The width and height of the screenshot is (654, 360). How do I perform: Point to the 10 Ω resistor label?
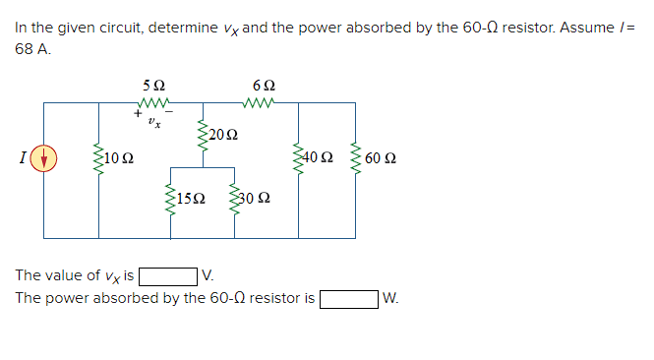coord(120,158)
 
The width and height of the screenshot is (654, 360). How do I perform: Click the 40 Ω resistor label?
coord(321,158)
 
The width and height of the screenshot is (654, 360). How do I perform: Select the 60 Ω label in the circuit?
coord(380,158)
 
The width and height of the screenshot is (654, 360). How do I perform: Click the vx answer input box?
coord(168,276)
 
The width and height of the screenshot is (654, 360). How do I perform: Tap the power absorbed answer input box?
coord(348,297)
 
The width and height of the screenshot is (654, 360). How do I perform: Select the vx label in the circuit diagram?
coord(153,123)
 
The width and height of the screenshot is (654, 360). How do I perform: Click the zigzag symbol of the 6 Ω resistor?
coord(264,101)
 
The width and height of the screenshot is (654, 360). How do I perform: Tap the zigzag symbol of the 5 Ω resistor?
coord(154,101)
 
